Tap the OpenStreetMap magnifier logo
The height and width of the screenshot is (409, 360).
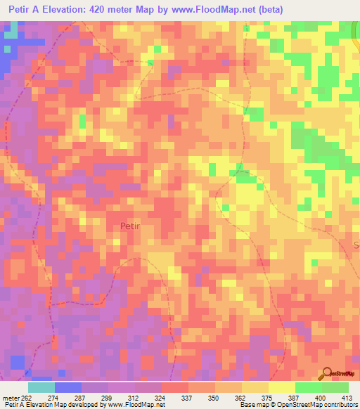328,375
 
